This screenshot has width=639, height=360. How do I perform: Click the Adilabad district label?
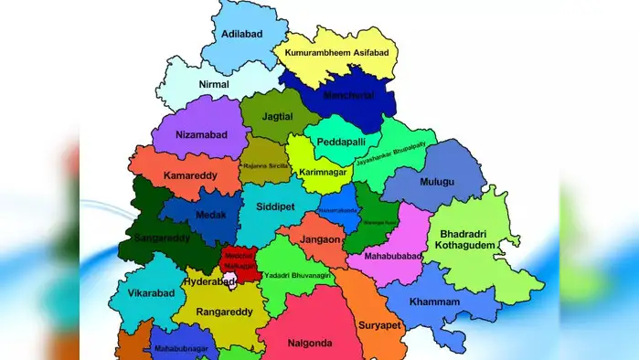(242, 35)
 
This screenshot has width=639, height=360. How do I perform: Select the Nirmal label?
(215, 83)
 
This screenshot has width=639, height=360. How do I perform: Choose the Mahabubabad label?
(393, 258)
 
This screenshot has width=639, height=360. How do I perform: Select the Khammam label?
(461, 301)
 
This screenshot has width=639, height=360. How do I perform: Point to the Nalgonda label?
(308, 344)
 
